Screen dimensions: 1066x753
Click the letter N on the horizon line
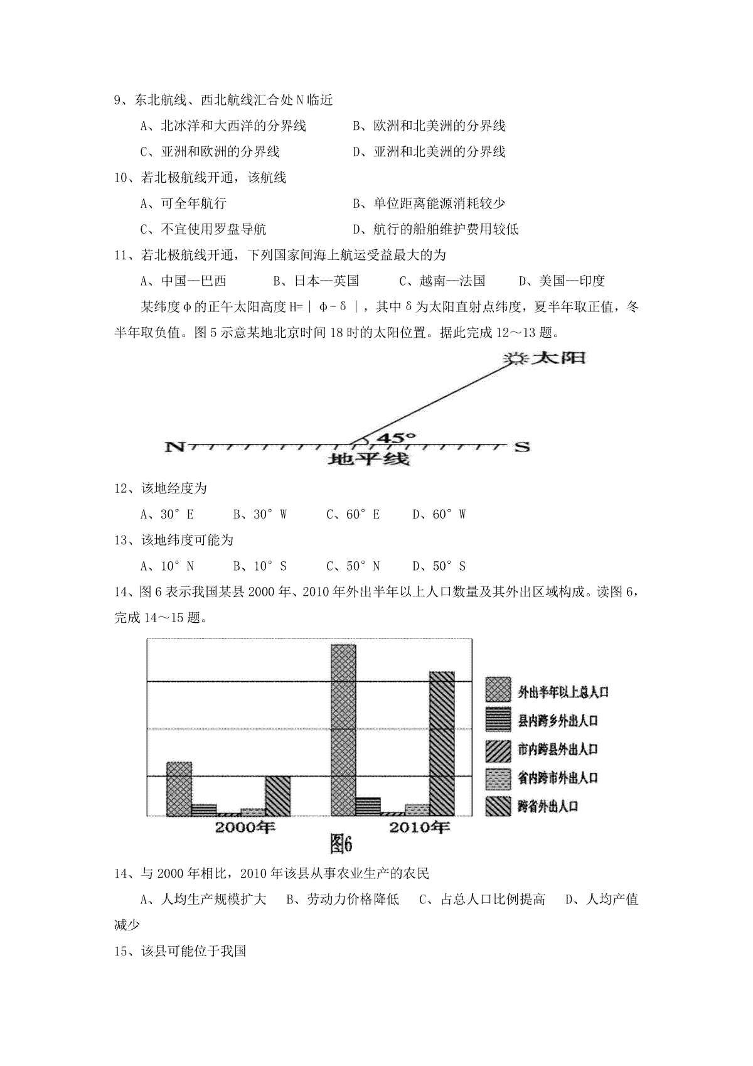174,447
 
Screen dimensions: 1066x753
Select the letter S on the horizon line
522,447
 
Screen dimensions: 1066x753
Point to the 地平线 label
369,460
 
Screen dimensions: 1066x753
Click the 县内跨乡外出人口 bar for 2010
368,806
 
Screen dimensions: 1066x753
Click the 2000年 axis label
245,827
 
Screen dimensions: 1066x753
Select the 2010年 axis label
419,827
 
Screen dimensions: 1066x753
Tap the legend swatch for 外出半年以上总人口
498,690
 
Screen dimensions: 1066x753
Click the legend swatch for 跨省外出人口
498,806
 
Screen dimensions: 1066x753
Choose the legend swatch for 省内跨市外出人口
498,778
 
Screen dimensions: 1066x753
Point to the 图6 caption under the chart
342,845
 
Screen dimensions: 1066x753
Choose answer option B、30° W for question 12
260,515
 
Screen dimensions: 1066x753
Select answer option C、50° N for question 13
353,566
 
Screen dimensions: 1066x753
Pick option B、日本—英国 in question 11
316,281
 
